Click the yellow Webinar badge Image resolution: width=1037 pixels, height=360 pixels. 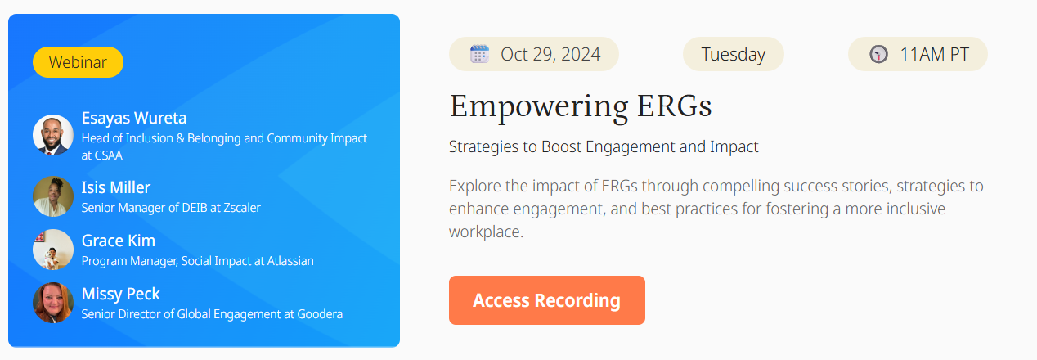tap(78, 62)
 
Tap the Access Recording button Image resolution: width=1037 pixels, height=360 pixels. tap(546, 300)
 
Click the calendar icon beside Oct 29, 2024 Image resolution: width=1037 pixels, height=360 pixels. tap(479, 55)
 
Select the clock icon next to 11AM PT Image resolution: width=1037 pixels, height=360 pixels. tap(878, 55)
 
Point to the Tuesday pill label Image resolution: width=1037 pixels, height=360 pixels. tap(733, 55)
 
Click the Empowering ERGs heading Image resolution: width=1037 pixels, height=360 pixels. tap(581, 106)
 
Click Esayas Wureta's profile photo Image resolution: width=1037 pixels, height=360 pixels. tap(53, 135)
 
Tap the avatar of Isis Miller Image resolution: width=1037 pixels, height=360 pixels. tap(53, 196)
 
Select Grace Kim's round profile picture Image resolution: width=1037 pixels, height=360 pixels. tap(53, 250)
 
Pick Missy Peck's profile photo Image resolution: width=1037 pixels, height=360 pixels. tap(53, 303)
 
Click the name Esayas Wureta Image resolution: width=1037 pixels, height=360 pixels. tap(134, 118)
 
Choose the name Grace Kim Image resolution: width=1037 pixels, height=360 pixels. tap(118, 241)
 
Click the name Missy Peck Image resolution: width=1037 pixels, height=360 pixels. tap(120, 294)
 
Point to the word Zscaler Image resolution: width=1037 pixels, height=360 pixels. tap(238, 208)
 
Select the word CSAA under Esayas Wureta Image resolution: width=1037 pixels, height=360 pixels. tap(109, 155)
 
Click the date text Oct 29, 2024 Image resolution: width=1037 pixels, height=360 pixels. tap(550, 55)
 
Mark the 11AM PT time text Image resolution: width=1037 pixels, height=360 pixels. tap(934, 55)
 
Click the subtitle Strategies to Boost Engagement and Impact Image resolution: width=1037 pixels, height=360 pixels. tap(604, 147)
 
